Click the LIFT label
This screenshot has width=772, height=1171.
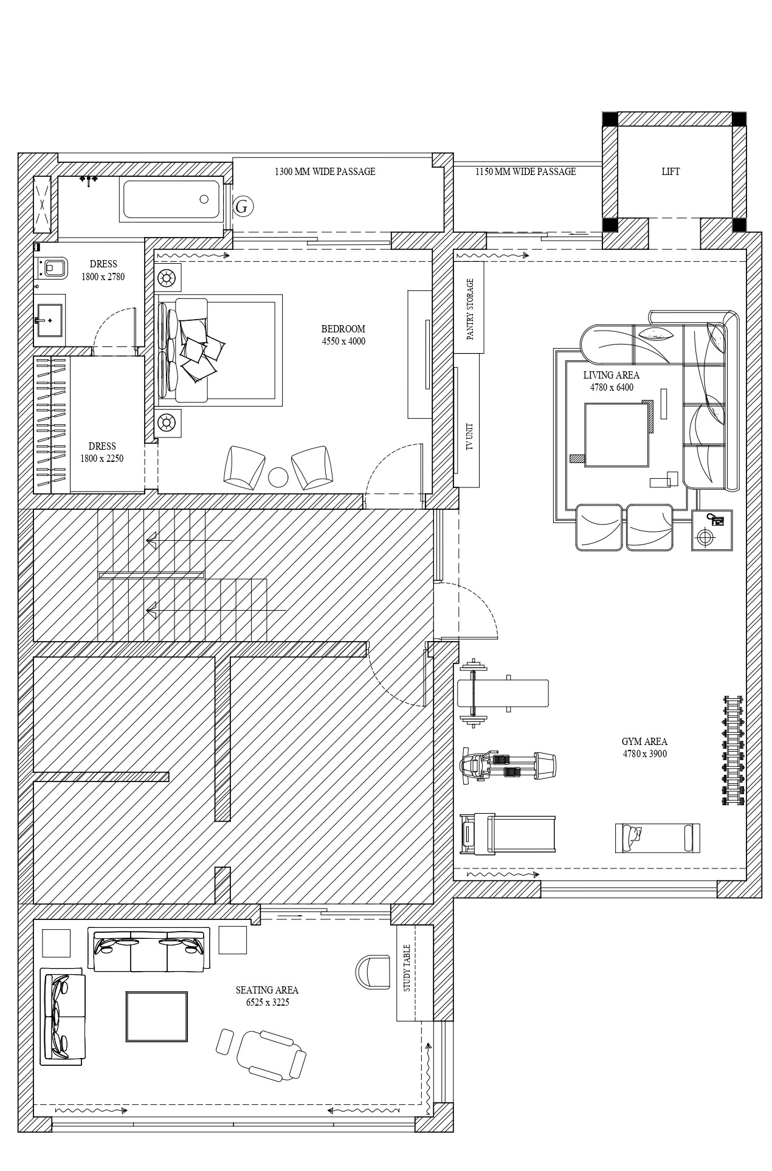pos(670,172)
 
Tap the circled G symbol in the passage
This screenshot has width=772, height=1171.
pos(242,207)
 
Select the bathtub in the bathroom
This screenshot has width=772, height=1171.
pos(171,199)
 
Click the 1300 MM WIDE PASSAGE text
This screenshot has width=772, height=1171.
pos(325,172)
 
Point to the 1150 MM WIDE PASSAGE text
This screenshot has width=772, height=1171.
pos(525,172)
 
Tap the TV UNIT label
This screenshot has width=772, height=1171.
pos(469,436)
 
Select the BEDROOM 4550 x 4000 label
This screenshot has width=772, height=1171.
pos(343,335)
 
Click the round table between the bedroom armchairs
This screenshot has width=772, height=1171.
pos(278,478)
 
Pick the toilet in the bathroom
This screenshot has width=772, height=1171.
pos(53,267)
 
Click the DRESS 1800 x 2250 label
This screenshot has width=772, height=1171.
pos(102,452)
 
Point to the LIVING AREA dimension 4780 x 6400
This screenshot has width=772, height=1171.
pos(612,387)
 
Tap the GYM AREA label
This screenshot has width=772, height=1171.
pos(644,741)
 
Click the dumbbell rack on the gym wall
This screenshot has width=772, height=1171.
pos(734,750)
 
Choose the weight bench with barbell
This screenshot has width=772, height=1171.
pos(503,693)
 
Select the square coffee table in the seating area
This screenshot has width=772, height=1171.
pos(157,1016)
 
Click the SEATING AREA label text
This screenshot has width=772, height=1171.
pos(267,990)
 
